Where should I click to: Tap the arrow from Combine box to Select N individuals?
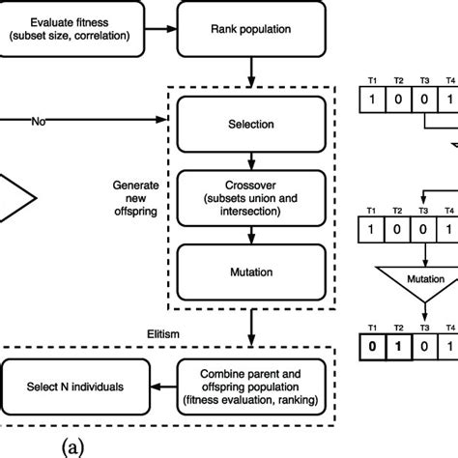point(161,386)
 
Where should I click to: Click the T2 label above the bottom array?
point(397,325)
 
